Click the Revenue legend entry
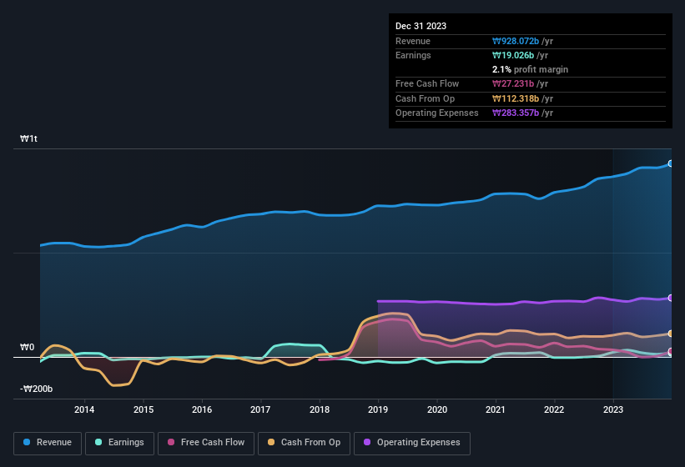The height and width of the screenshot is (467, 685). tap(48, 443)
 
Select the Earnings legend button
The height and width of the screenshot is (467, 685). tap(117, 443)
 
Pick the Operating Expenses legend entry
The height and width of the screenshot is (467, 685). tap(412, 443)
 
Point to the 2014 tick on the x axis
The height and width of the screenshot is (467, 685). tap(83, 409)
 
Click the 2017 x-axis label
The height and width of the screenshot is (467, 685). tap(260, 409)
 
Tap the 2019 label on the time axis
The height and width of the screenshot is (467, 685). tap(378, 409)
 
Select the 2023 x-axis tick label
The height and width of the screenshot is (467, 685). tap(613, 409)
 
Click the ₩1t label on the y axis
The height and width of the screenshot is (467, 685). tap(29, 139)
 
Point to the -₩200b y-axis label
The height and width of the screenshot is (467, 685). tap(37, 389)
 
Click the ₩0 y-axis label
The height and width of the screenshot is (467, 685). tap(28, 348)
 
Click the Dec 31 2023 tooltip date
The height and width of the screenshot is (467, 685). tap(421, 26)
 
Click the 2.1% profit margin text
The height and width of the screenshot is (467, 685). tap(530, 69)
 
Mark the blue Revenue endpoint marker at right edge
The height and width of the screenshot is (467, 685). tap(671, 163)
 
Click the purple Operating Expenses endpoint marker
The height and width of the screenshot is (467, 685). tap(671, 298)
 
